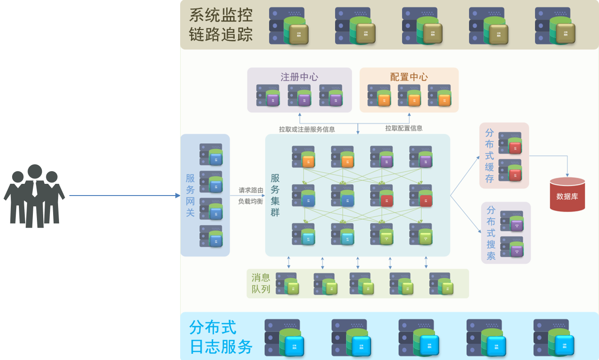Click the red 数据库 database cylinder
tap(567, 195)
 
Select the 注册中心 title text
tap(299, 77)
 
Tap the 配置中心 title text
tap(409, 77)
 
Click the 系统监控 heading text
tap(221, 15)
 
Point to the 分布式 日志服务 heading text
tap(221, 337)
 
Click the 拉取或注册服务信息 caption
tap(307, 129)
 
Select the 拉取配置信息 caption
tap(404, 128)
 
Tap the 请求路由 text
tap(251, 190)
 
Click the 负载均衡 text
tap(250, 201)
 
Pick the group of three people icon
tap(34, 196)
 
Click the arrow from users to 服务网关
tap(124, 196)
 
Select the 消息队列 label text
tap(261, 283)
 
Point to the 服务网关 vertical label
tap(190, 195)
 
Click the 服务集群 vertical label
tap(275, 195)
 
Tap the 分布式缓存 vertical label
tap(490, 155)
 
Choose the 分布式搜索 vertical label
tap(491, 233)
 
